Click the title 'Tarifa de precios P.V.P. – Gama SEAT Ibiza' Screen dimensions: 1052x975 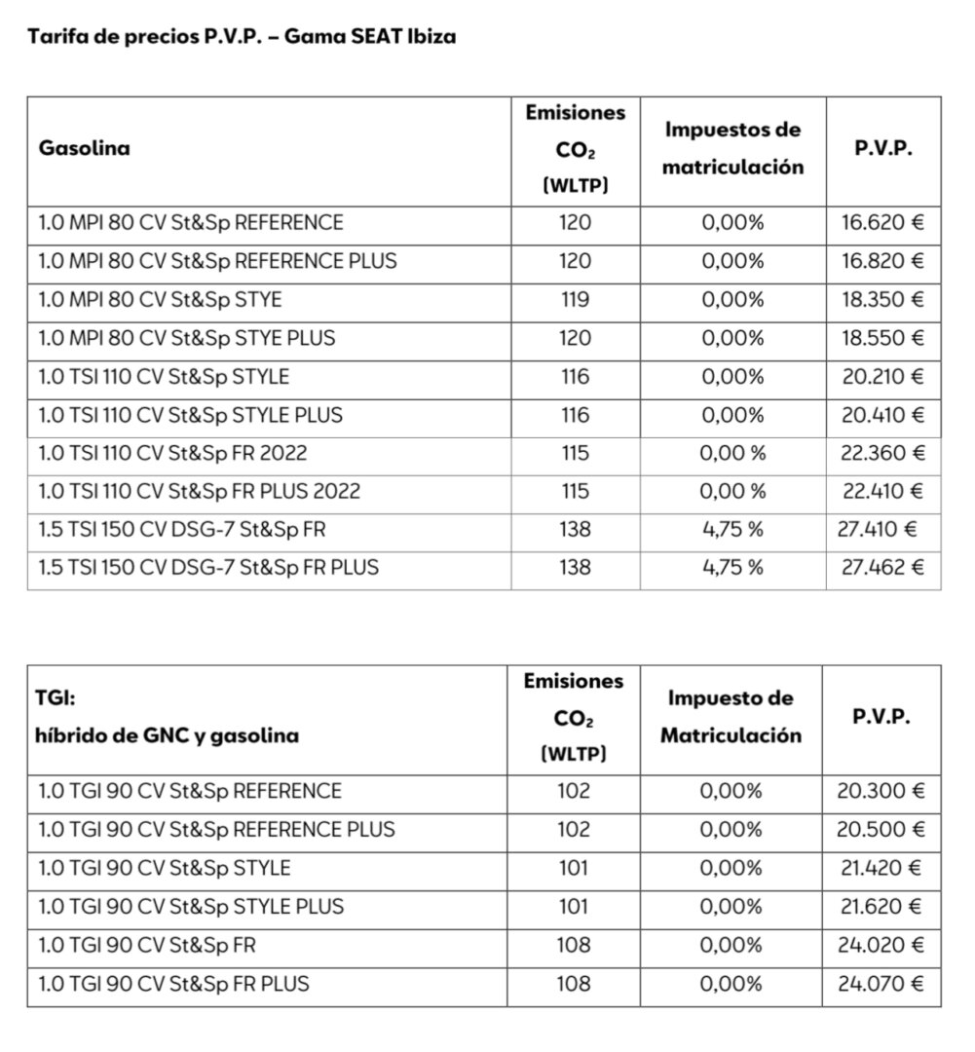243,38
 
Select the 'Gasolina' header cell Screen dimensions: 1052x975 84,149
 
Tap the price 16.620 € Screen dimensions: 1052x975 882,222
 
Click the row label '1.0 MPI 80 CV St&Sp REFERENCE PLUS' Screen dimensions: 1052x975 217,261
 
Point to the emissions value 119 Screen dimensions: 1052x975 575,299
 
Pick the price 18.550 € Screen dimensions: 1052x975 882,338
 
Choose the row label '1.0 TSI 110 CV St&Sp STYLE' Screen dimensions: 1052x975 164,377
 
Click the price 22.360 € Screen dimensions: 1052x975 882,453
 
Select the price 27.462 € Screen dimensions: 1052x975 882,567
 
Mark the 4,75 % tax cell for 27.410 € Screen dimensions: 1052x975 732,530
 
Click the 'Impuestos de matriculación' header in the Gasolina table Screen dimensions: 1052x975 732,148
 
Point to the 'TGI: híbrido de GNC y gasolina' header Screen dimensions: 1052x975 168,717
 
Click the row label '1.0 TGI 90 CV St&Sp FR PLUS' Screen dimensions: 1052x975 173,984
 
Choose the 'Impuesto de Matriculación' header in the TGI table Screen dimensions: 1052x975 731,717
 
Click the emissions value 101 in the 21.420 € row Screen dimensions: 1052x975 575,868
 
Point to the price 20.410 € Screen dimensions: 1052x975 882,415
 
